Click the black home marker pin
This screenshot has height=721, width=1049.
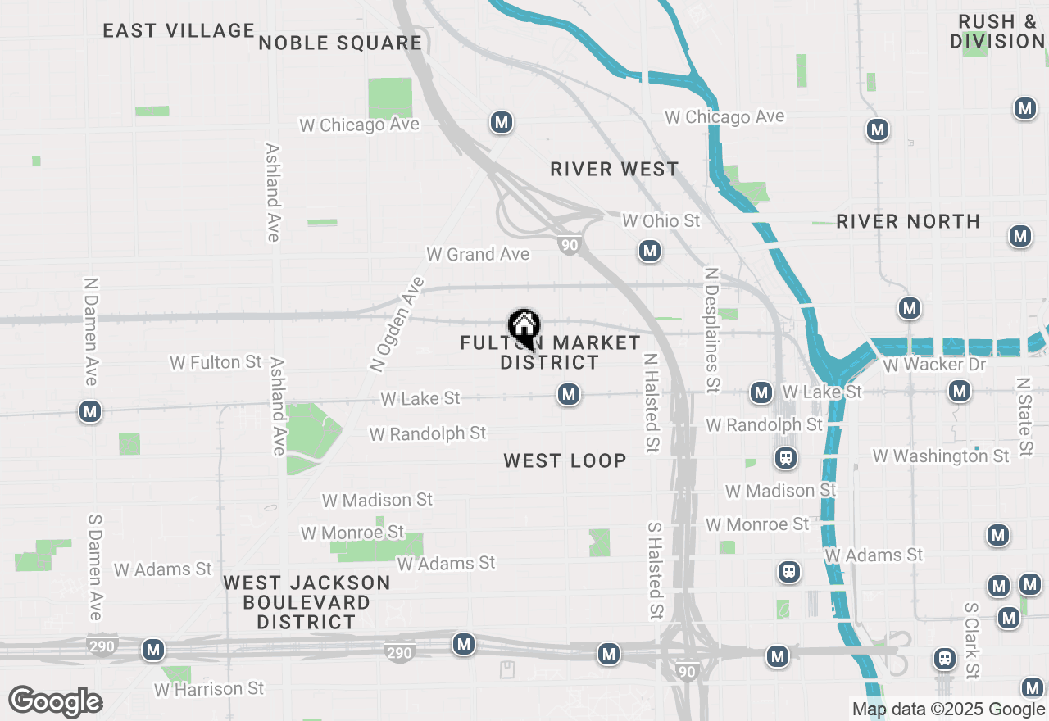point(524,329)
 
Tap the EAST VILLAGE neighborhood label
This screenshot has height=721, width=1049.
point(179,31)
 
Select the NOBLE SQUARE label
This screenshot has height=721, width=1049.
point(340,43)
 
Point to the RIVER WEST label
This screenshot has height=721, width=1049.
point(614,170)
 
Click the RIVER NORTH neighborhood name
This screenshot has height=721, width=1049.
point(908,221)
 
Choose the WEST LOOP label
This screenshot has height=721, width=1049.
point(565,460)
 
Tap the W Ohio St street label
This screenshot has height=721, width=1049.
point(661,221)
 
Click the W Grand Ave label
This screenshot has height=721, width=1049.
point(478,255)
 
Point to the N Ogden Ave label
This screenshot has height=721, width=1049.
point(397,324)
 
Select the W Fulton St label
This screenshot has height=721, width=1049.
point(216,362)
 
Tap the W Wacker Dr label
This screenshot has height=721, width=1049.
point(934,364)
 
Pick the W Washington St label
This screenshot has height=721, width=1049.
point(941,456)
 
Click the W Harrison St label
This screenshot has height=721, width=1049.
point(209,689)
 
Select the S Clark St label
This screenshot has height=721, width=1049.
point(972,641)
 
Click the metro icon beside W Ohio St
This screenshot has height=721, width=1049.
point(650,251)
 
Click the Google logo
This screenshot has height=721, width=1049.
point(56,702)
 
